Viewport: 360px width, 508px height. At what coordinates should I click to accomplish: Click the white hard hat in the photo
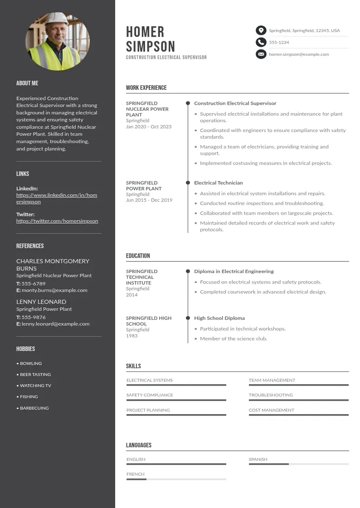(56, 19)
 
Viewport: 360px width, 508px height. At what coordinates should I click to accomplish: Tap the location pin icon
(261, 30)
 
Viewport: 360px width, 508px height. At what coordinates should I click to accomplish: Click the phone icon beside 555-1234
(261, 42)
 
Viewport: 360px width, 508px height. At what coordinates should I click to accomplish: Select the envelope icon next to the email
(261, 54)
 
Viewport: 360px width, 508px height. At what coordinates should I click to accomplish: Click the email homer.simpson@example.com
(299, 54)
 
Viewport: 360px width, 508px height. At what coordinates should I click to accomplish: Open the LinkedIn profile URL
(57, 198)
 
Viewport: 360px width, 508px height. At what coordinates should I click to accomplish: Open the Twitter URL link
(57, 221)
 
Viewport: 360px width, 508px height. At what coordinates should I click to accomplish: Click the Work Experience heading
(146, 88)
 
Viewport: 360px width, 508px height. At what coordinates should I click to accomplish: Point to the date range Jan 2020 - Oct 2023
(149, 127)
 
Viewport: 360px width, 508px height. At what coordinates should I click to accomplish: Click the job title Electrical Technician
(219, 183)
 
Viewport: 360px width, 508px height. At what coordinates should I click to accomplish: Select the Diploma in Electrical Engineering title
(234, 271)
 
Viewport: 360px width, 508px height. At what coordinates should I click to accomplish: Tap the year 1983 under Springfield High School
(131, 336)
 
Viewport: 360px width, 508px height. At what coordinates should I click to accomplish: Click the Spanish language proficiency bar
(298, 464)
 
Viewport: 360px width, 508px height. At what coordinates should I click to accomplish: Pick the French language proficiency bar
(176, 479)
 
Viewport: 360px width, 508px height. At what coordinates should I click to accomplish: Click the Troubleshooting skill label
(271, 395)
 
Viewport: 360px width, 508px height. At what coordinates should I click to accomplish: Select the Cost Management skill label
(271, 410)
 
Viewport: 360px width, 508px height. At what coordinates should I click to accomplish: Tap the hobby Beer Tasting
(35, 375)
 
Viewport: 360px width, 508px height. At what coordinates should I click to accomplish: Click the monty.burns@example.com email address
(54, 290)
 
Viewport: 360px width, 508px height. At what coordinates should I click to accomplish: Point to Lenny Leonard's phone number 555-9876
(34, 317)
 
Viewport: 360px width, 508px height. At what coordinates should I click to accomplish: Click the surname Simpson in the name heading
(151, 46)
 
